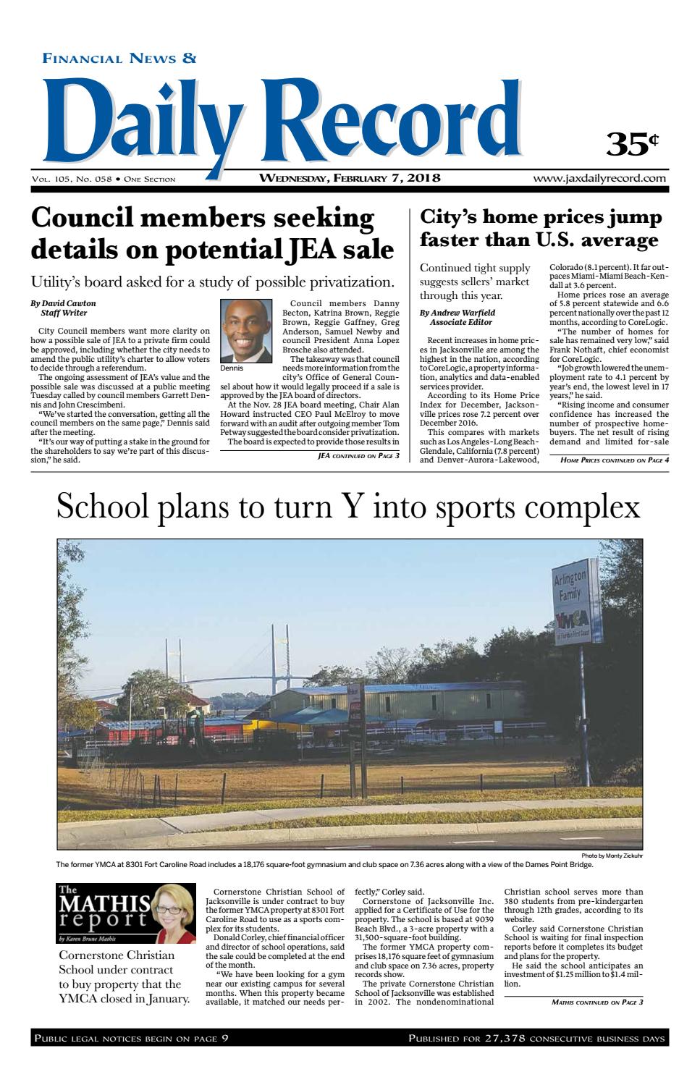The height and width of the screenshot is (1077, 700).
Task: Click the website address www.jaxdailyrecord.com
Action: pyautogui.click(x=599, y=178)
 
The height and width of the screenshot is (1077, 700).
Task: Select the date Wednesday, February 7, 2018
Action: pyautogui.click(x=350, y=178)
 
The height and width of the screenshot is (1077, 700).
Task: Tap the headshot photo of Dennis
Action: pyautogui.click(x=240, y=331)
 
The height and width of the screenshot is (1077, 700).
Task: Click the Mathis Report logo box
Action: pyautogui.click(x=126, y=913)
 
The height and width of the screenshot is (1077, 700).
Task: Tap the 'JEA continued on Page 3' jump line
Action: pyautogui.click(x=358, y=456)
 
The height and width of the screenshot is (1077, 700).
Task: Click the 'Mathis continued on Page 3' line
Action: pyautogui.click(x=596, y=1002)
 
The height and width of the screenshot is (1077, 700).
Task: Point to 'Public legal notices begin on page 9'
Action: pyautogui.click(x=131, y=1039)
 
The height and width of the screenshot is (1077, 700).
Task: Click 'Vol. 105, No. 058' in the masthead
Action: pyautogui.click(x=71, y=179)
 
